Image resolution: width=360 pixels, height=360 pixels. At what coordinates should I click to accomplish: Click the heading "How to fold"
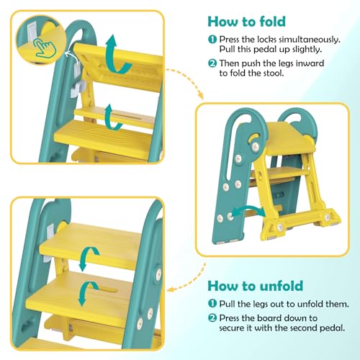(x=247, y=22)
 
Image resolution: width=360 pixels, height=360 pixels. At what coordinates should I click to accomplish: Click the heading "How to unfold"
(x=256, y=286)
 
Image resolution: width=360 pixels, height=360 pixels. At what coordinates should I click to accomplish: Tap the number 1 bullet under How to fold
(x=212, y=40)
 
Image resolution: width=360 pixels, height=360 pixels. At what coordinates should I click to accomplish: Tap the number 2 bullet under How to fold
(x=212, y=63)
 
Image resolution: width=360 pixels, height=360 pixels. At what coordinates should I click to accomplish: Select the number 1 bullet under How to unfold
(x=212, y=304)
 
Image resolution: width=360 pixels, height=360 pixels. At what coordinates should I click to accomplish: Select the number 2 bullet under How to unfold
(x=212, y=318)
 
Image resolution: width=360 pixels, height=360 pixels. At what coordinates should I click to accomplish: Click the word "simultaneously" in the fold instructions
(x=310, y=40)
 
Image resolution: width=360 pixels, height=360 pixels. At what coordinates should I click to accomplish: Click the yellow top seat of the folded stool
(x=288, y=139)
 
